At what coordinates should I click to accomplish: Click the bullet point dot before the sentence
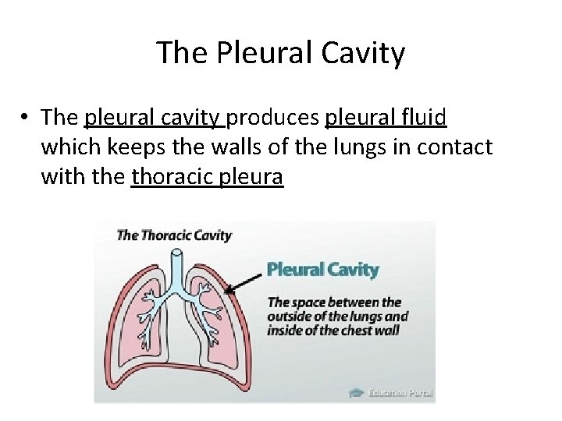26,118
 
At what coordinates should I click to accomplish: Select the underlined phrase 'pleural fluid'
386,117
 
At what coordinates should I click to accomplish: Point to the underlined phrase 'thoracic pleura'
208,177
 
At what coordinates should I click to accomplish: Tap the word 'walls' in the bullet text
192,147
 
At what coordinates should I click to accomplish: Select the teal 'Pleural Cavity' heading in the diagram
322,270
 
